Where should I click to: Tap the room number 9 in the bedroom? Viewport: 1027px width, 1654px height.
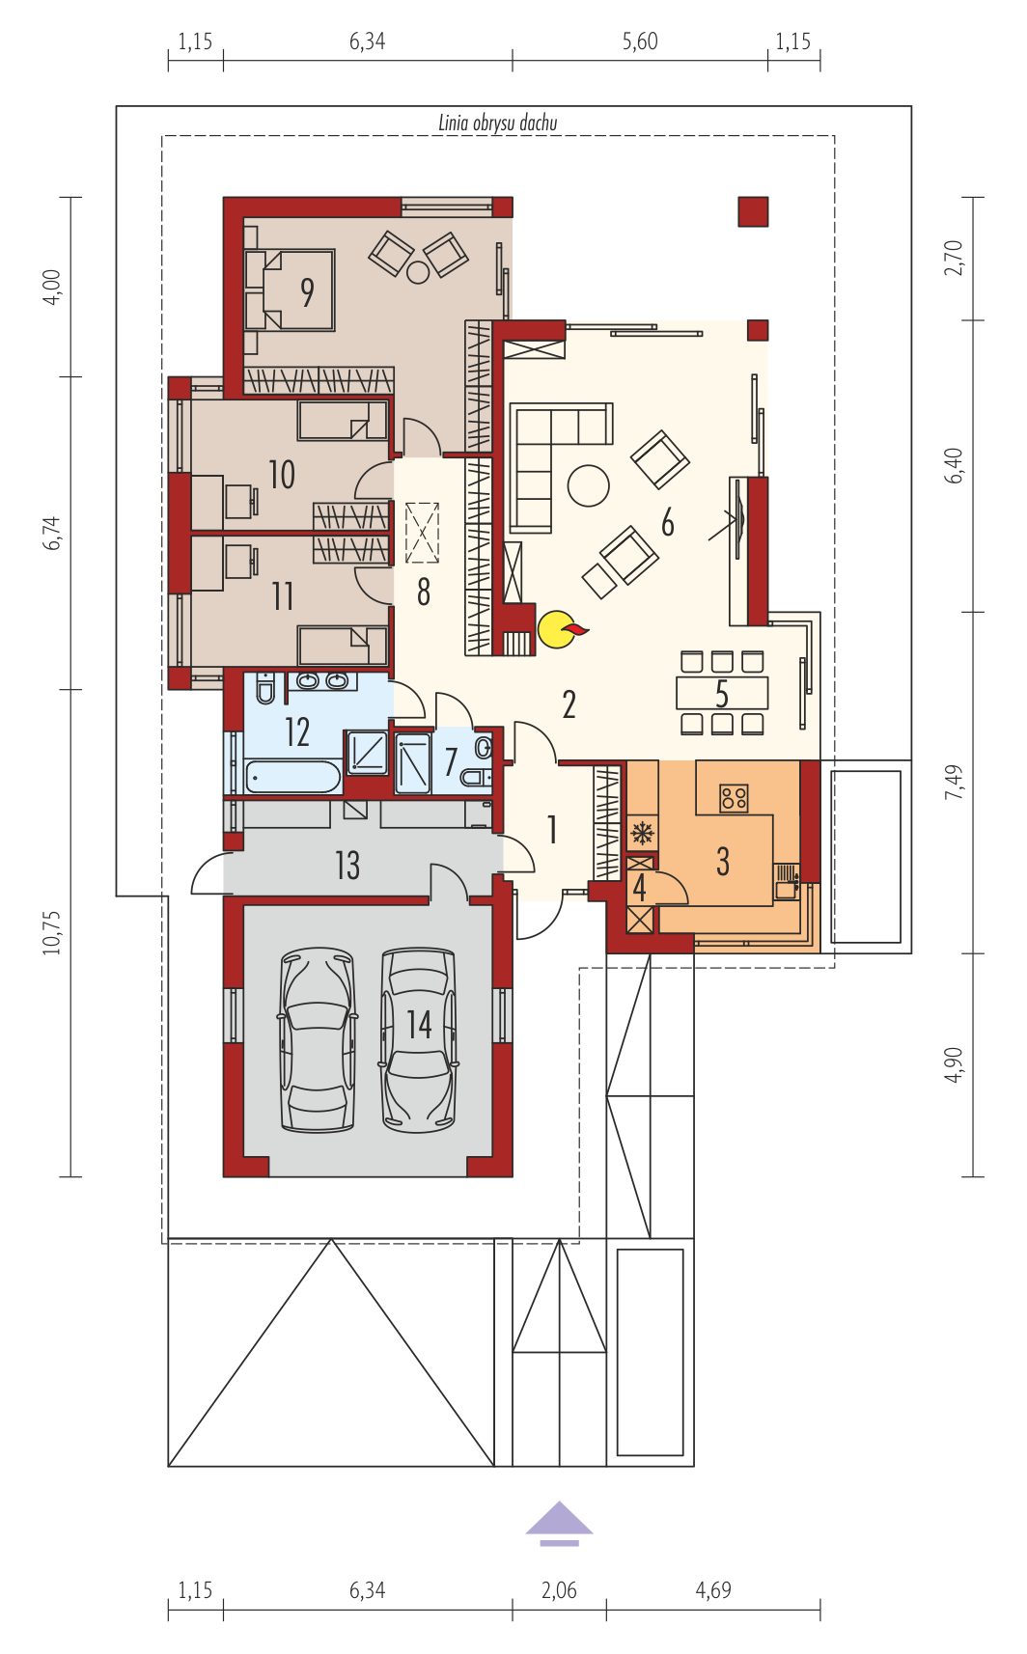tap(307, 293)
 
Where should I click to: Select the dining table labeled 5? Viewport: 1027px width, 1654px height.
tap(722, 694)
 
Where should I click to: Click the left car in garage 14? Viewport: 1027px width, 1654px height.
tap(319, 1039)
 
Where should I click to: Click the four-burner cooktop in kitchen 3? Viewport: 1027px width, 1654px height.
tap(734, 798)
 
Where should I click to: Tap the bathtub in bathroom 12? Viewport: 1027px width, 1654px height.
tap(293, 778)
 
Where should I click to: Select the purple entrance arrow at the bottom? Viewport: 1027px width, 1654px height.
tap(560, 1524)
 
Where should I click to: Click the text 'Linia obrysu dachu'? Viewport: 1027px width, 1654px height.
tap(498, 124)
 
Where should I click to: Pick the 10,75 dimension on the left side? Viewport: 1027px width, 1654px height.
tap(52, 933)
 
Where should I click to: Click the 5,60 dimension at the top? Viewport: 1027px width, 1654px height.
tap(640, 41)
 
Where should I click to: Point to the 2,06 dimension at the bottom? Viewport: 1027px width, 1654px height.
tap(559, 1589)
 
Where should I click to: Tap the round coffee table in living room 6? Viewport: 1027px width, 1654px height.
tap(589, 485)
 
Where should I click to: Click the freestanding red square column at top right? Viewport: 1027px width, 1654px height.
tap(753, 211)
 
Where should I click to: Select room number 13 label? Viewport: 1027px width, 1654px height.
tap(347, 866)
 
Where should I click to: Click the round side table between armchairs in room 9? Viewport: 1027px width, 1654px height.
tap(418, 272)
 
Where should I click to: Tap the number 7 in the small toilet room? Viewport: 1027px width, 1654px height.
tap(451, 762)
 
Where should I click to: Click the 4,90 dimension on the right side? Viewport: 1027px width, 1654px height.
tap(954, 1064)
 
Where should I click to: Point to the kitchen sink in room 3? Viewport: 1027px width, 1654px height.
tap(787, 881)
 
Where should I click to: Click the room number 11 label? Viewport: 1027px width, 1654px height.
tap(283, 596)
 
